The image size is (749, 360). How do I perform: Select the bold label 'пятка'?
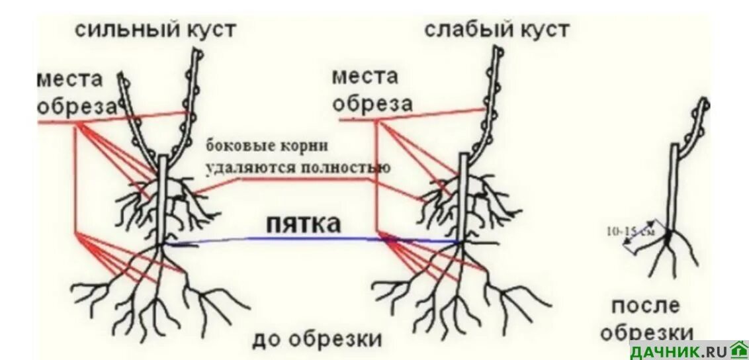304,224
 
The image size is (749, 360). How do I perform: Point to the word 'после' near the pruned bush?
644,305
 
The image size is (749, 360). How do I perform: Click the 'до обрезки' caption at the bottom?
316,339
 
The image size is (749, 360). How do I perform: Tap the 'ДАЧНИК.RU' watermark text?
678,351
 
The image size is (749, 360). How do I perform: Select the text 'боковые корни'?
267,145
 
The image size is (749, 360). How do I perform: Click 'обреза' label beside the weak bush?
372,104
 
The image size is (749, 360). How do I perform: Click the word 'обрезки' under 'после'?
648,332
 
